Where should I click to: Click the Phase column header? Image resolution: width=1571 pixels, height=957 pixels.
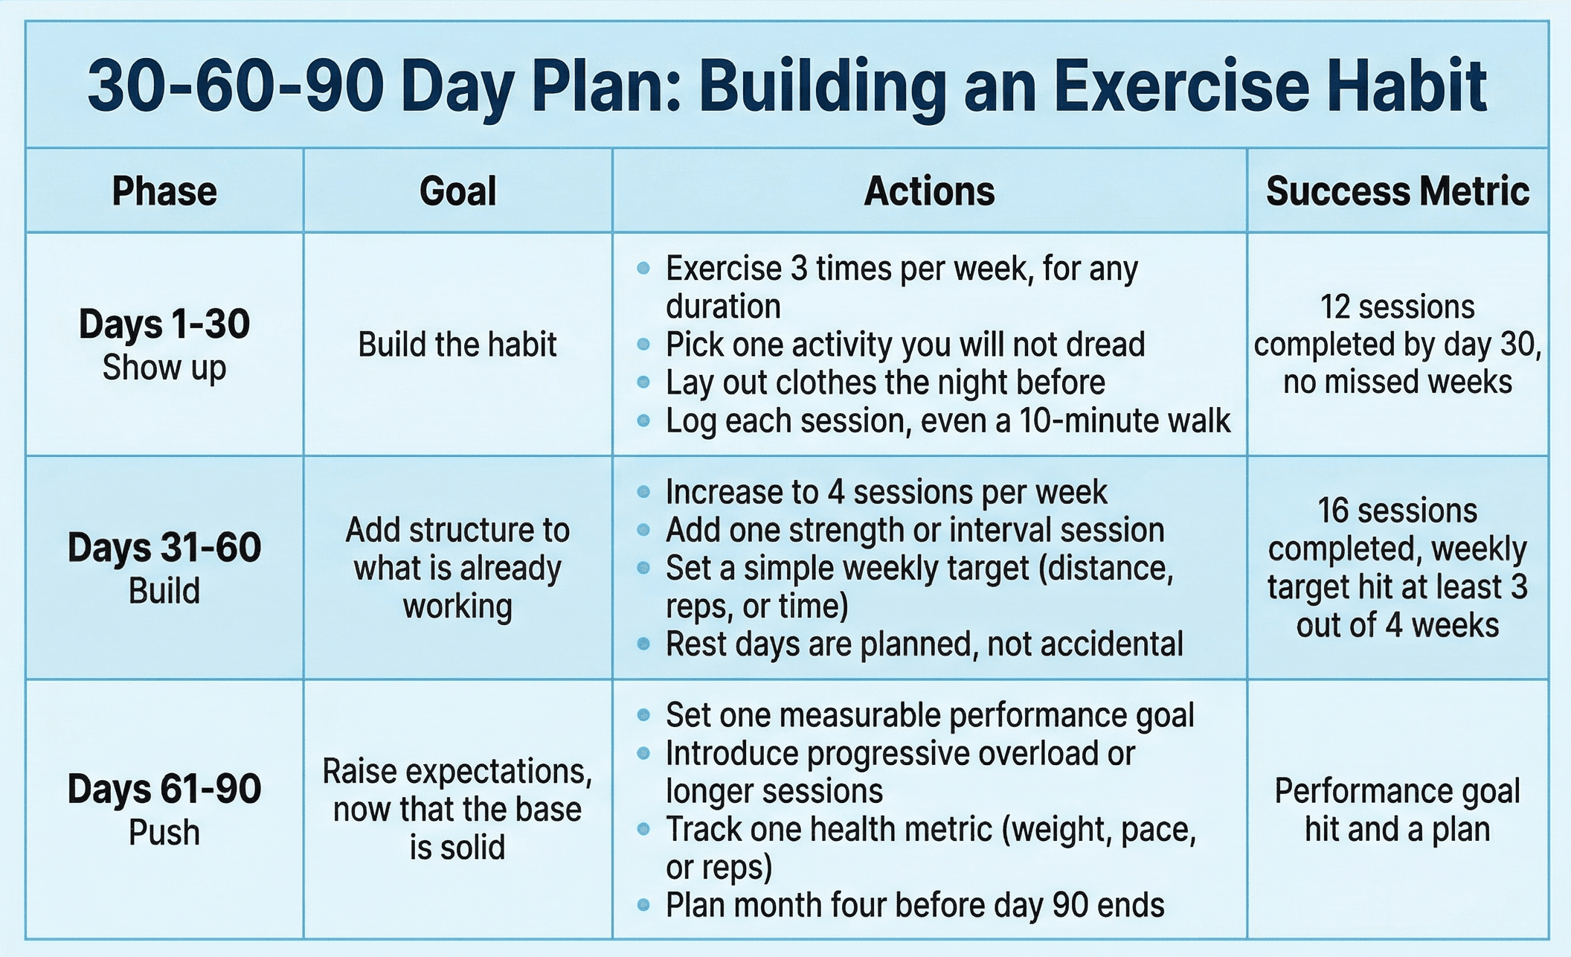coord(164,191)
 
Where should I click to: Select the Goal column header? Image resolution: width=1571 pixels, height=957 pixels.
coord(457,191)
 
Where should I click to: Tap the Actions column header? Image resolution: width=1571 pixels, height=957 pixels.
coord(929,191)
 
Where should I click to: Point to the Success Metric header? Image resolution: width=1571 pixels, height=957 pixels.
coord(1398,191)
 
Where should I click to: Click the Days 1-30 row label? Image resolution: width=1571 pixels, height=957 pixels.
coord(164,324)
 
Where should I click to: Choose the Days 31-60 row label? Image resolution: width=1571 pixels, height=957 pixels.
coord(164,548)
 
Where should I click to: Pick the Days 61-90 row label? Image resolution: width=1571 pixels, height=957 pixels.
coord(164,789)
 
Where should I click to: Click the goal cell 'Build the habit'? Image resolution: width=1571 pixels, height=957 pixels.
coord(457,345)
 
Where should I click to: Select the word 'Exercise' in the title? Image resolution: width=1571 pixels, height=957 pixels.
coord(1181,87)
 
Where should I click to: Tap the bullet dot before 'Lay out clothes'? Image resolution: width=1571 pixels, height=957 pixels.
coord(644,383)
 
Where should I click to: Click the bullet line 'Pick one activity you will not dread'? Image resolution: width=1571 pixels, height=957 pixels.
coord(905,345)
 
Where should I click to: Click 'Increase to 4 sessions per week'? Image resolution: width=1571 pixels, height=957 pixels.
coord(886,492)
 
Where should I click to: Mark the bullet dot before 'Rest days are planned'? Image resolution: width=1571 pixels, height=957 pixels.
coord(644,644)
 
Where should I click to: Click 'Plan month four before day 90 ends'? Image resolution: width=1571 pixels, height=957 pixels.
coord(915,906)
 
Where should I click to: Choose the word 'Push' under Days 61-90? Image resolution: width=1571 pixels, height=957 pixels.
coord(164,833)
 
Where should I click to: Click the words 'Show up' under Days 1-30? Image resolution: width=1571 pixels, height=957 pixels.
coord(164,368)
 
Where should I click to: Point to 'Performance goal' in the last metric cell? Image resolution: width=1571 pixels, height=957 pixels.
coord(1398,791)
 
